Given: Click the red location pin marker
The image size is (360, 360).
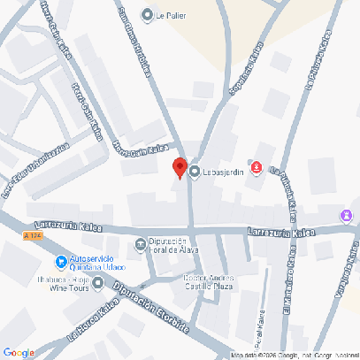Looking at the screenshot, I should point(179,168).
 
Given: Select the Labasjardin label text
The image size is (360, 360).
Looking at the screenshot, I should point(223,172).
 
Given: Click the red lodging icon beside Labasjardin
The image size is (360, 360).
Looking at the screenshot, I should point(257,166).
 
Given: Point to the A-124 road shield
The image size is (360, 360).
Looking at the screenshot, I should point(33,236).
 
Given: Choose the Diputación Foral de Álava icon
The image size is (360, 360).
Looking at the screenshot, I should point(140,244).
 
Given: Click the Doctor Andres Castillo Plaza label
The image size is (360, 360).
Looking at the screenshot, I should point(208,281).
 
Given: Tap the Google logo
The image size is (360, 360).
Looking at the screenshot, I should point(19,352).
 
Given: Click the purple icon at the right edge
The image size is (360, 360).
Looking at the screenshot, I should point(347,215).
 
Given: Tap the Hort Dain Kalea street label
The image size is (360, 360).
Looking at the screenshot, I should point(139,155).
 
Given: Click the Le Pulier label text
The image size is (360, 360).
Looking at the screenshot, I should point(172,16).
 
